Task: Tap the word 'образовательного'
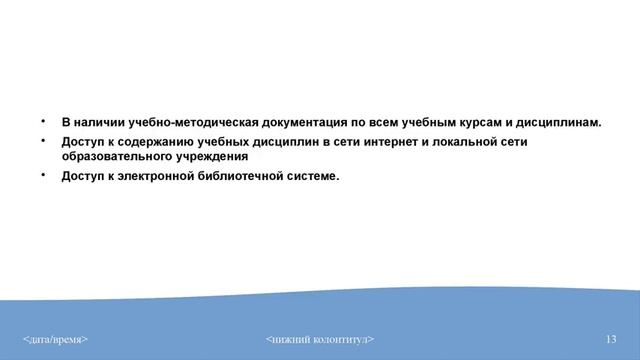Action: pos(113,157)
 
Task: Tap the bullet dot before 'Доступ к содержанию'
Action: pos(43,141)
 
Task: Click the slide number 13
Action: pos(611,340)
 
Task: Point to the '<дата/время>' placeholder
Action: pos(56,340)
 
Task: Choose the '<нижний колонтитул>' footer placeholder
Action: pos(320,340)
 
